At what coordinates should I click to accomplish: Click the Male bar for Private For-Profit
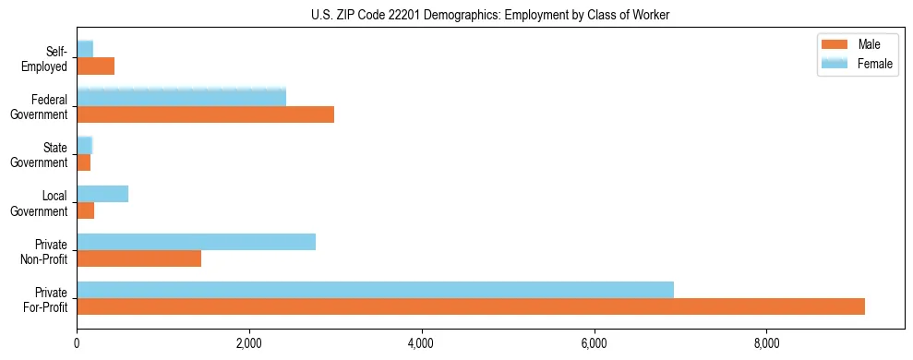pyautogui.click(x=471, y=306)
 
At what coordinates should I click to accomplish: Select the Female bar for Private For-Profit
pyautogui.click(x=375, y=290)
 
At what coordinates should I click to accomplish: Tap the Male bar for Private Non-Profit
pyautogui.click(x=138, y=258)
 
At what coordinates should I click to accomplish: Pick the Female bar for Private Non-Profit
pyautogui.click(x=196, y=242)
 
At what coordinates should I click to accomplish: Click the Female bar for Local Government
pyautogui.click(x=102, y=194)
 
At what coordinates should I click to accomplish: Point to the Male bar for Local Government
pyautogui.click(x=85, y=210)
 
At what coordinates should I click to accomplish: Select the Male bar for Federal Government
pyautogui.click(x=205, y=114)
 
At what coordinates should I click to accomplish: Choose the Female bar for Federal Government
pyautogui.click(x=181, y=97)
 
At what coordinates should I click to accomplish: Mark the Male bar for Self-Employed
pyautogui.click(x=95, y=66)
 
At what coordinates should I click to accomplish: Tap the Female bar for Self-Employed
pyautogui.click(x=85, y=49)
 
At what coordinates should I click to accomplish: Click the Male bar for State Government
pyautogui.click(x=83, y=162)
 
